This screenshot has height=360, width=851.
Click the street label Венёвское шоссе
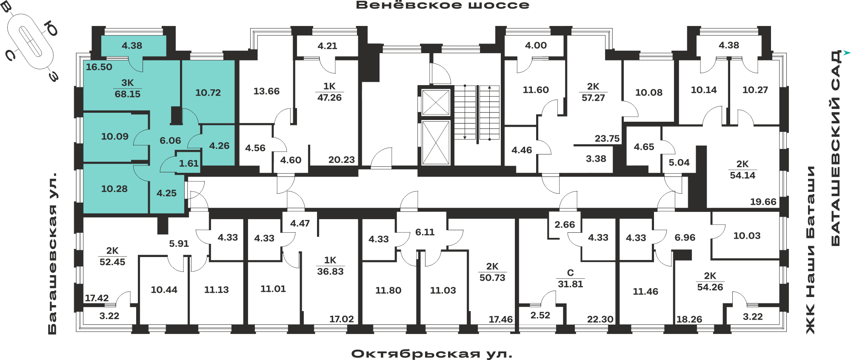443,5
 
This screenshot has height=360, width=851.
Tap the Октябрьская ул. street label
431,354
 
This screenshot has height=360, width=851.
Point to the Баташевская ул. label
52,253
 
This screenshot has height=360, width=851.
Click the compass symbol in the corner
31,41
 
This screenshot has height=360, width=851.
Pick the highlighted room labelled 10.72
208,92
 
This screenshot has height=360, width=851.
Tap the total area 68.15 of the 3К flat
127,94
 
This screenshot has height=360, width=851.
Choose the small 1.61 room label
188,163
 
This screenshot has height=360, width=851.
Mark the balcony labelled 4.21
327,46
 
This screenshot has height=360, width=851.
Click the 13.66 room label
266,91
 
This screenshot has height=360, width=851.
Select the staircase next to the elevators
477,112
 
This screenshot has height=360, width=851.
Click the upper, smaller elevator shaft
436,102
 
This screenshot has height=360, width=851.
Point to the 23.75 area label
607,138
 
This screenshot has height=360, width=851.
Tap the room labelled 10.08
649,92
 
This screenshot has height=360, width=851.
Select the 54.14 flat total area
742,175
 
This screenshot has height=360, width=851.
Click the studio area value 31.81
570,284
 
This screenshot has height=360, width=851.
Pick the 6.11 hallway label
425,232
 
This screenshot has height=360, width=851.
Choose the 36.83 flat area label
330,271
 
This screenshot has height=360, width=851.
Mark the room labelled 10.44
164,290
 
